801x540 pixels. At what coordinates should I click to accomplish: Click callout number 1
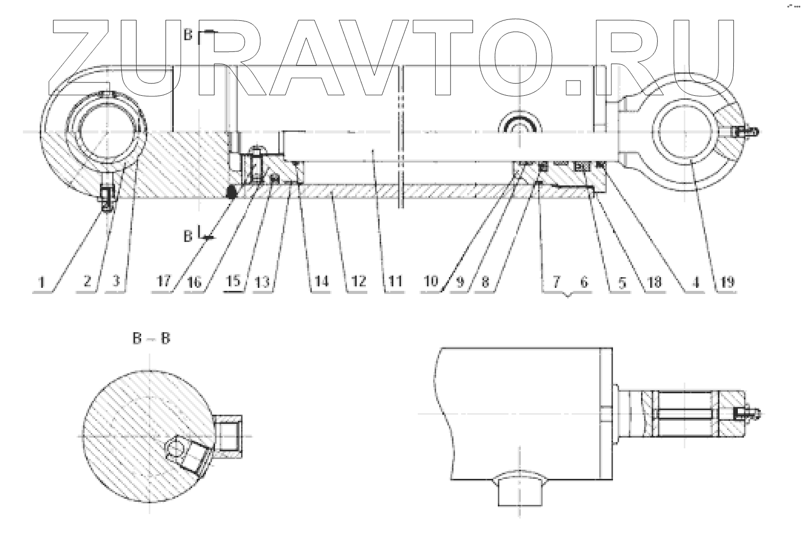pyautogui.click(x=43, y=281)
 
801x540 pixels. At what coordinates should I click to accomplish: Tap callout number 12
pyautogui.click(x=358, y=281)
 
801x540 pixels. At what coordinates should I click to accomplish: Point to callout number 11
pyautogui.click(x=395, y=281)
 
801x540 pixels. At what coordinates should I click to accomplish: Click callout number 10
pyautogui.click(x=431, y=281)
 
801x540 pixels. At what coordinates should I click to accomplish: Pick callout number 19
pyautogui.click(x=728, y=281)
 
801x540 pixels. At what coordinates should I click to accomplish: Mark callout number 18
pyautogui.click(x=654, y=281)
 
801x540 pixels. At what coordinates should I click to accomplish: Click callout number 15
pyautogui.click(x=233, y=281)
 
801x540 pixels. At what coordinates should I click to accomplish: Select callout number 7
pyautogui.click(x=556, y=281)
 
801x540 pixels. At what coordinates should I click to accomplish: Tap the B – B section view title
pyautogui.click(x=151, y=338)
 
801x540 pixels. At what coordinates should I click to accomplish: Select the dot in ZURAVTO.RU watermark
pyautogui.click(x=574, y=87)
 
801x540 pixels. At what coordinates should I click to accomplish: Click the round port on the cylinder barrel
pyautogui.click(x=519, y=125)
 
